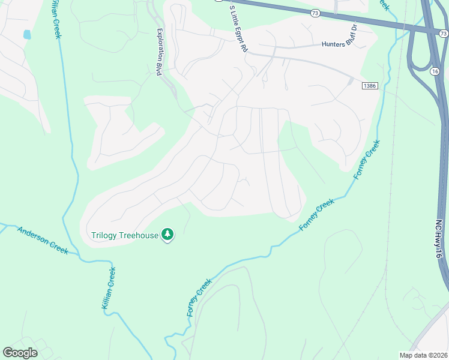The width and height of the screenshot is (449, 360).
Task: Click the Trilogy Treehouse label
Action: coord(125,235)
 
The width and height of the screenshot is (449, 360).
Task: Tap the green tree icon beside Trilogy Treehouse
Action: coord(169,235)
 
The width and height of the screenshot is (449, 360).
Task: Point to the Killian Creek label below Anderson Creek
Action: coord(107,289)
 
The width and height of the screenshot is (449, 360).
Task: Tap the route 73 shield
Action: coord(316,12)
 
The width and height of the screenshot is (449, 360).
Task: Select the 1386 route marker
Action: coord(370,86)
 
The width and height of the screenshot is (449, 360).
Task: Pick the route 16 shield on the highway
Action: coord(433,71)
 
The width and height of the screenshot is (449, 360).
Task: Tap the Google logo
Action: coord(20,352)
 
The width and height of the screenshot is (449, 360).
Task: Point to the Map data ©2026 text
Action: coord(423,355)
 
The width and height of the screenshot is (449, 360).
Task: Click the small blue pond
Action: coord(27,35)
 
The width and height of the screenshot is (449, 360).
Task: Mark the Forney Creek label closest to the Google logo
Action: coord(200,297)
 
